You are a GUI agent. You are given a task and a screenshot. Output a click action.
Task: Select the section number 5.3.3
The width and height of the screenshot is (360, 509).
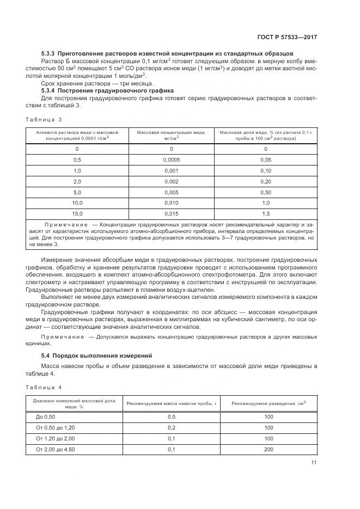[x=50, y=53]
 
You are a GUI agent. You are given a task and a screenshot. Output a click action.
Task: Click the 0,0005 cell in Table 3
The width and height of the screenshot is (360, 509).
[x=171, y=160]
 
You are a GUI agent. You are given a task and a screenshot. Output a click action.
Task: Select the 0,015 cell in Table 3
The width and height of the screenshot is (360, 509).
[x=171, y=214]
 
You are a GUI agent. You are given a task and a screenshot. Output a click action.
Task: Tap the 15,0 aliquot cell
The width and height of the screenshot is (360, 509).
[x=77, y=214]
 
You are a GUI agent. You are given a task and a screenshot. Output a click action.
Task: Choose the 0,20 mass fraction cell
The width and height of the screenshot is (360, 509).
[x=266, y=181]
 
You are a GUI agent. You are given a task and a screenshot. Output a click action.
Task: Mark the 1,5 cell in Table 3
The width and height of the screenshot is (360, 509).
[x=266, y=214]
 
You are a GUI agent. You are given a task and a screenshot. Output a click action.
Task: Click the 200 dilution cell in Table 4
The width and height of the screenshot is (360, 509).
[x=269, y=449]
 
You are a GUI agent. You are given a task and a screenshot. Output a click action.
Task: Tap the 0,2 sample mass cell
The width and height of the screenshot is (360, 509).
[x=172, y=427]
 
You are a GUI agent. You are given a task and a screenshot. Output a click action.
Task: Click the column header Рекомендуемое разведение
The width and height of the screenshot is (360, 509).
[x=269, y=403]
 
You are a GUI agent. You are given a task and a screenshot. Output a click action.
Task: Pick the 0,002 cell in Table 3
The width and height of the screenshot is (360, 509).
[x=171, y=181]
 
